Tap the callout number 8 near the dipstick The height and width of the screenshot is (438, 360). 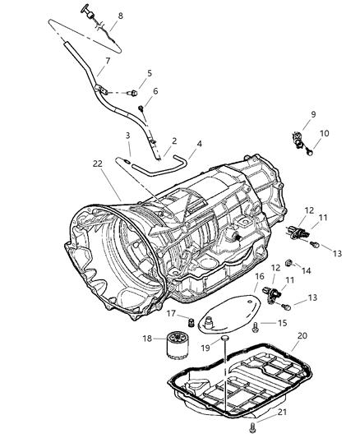[121, 16]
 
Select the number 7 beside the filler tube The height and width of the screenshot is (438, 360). [106, 61]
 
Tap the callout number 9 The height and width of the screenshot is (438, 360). [312, 113]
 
